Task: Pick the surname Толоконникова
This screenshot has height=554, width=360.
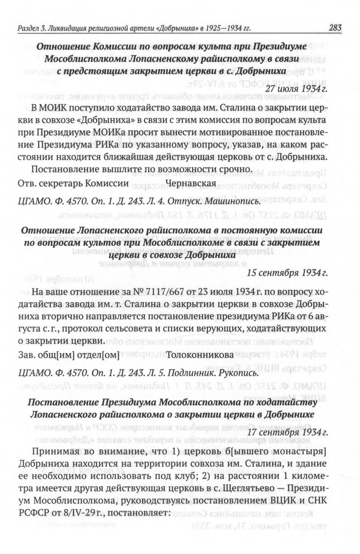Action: (196, 355)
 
